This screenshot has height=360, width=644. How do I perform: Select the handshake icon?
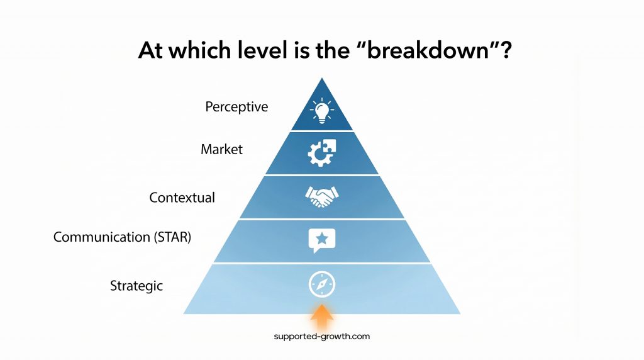pos(322,197)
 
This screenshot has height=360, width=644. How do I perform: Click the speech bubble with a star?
pos(322,240)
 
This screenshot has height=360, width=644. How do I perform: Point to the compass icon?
pos(322,284)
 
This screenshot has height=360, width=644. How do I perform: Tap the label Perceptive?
pos(236,107)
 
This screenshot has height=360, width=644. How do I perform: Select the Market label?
pos(221,150)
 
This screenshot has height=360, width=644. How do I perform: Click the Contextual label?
pos(182,198)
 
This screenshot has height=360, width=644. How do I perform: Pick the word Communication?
pos(102,237)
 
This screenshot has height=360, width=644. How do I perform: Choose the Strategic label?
pos(136,286)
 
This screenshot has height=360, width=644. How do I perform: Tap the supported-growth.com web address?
pos(322,336)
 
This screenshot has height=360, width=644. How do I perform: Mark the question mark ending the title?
pos(501,50)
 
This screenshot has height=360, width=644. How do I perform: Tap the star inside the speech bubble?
pos(322,239)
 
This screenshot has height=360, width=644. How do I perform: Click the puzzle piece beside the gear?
pos(329,146)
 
